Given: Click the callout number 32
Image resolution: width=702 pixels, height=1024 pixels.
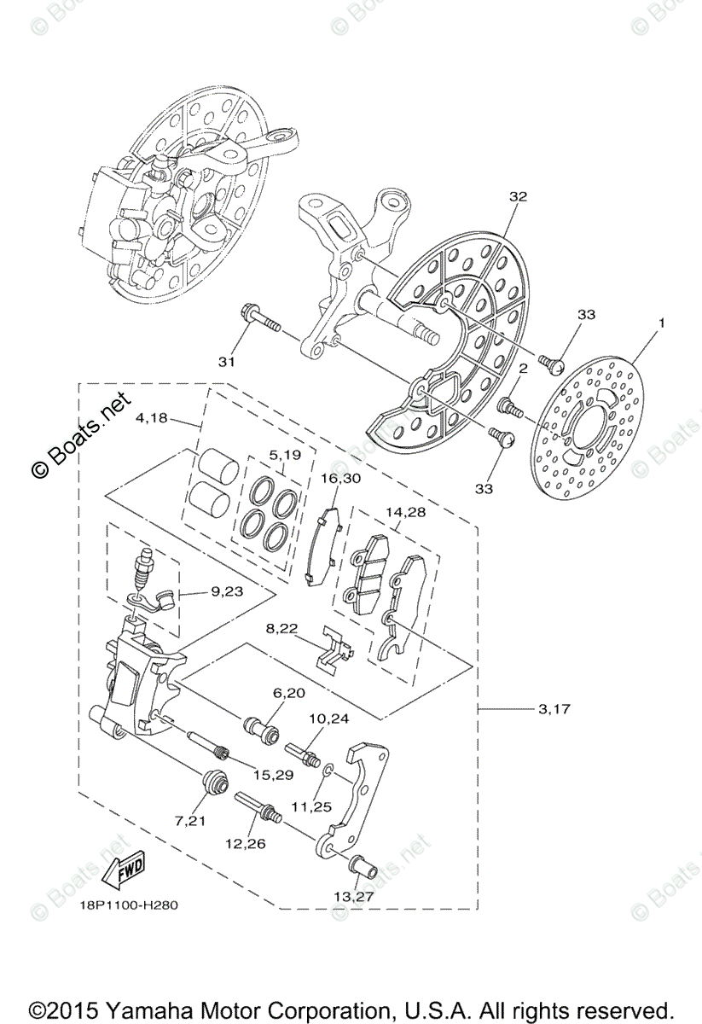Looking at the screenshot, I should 518,196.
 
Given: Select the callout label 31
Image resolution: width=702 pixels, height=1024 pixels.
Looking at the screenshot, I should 225,362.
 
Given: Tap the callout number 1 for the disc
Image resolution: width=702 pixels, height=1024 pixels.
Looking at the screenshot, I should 659,323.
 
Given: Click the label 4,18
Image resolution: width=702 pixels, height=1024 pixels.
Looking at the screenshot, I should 154,418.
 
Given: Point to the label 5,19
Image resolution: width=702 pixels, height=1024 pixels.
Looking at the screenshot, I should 284,455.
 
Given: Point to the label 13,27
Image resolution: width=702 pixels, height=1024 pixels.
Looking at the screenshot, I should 354,898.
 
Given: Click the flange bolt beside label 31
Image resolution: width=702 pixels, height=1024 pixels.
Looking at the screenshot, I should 261,319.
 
